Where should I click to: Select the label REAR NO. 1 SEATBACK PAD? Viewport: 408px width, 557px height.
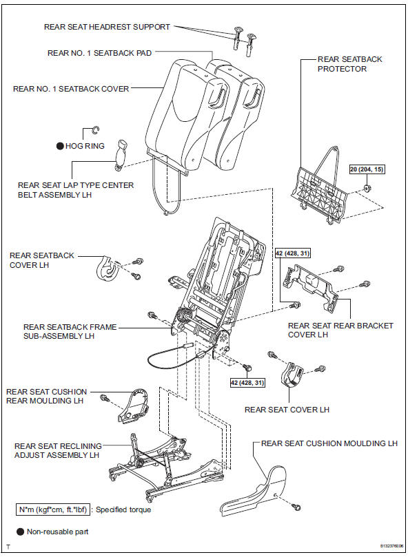pos(99,52)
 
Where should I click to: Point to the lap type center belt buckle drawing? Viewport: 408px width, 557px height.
pos(122,152)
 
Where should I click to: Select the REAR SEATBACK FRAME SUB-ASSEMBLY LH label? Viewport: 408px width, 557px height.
pos(69,333)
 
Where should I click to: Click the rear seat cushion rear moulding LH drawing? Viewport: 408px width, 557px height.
pos(134,406)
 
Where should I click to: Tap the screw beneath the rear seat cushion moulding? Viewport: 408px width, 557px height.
pos(296,507)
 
